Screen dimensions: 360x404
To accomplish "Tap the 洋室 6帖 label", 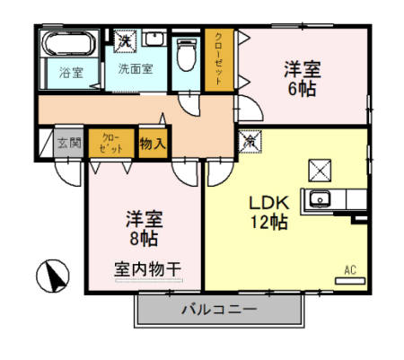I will point(303,79).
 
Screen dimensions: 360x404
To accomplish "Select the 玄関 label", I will point(69,142).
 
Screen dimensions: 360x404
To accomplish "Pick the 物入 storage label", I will point(153,142).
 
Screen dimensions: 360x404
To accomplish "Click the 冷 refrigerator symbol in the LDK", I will point(249,141).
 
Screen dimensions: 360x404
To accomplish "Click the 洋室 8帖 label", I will point(140,227).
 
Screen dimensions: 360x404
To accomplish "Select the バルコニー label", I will point(219,310).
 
